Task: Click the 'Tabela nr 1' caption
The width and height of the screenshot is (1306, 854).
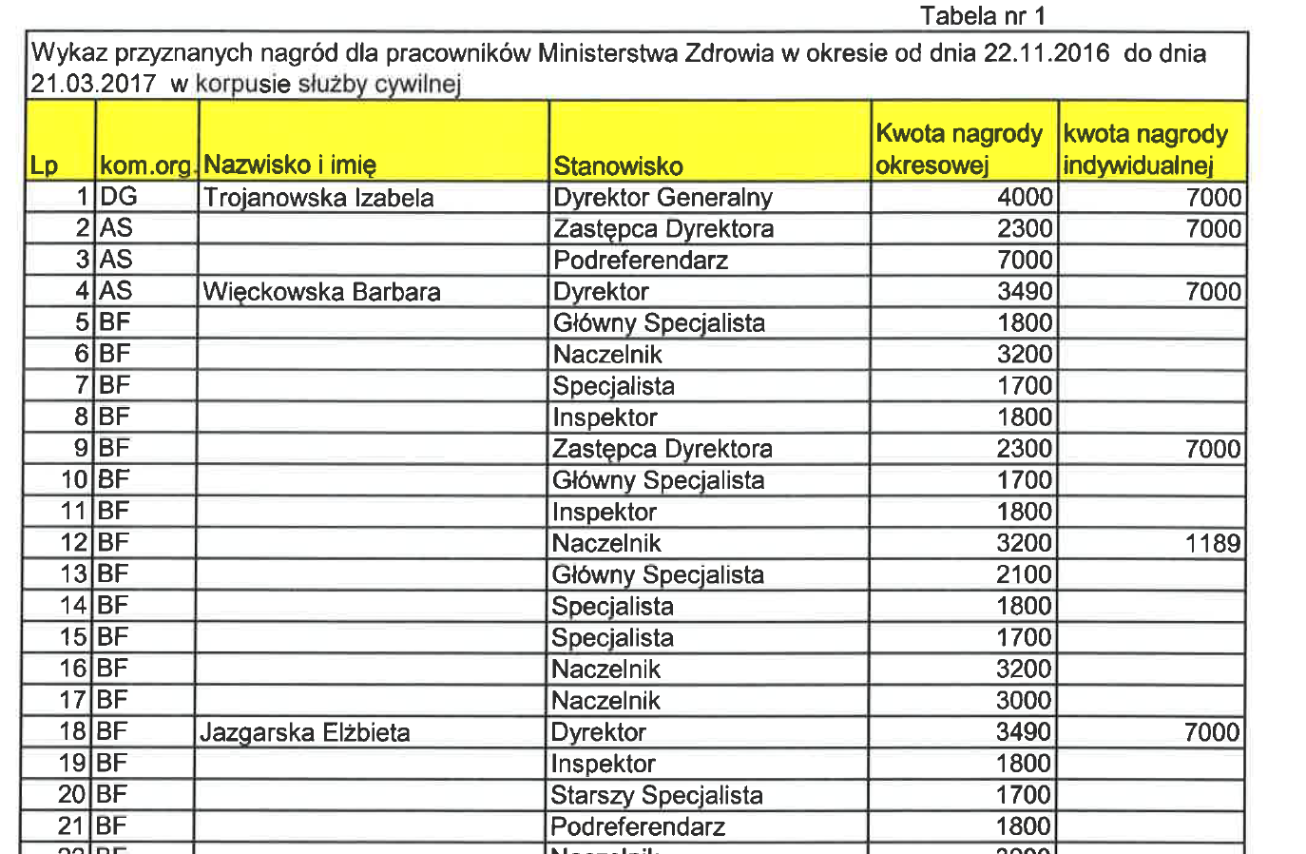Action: pos(982,16)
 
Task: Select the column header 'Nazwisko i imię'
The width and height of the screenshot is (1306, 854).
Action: pos(290,165)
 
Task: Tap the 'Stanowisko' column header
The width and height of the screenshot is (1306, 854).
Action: pos(618,167)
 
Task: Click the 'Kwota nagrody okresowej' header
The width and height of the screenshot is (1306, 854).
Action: pos(959,149)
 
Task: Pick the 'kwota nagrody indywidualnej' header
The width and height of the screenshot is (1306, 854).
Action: pos(1145,149)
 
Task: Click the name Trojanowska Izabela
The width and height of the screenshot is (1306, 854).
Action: pos(318,198)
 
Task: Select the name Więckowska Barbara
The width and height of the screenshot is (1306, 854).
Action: pos(321,292)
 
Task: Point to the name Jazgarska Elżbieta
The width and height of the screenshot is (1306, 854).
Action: pos(305,733)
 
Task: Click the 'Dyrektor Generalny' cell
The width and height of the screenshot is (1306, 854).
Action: pos(663,198)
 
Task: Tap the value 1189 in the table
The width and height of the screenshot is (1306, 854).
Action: pos(1212,544)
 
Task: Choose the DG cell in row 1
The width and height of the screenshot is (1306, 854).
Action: pos(119,197)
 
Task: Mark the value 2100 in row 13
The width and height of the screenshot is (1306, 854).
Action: pos(1024,575)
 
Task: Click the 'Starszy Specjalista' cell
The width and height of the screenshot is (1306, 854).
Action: pos(656,795)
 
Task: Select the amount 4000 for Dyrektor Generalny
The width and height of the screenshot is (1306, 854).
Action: pos(1025,198)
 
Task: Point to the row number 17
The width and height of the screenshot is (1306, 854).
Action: pos(73,701)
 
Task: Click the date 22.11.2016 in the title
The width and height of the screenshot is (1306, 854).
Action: pos(1046,53)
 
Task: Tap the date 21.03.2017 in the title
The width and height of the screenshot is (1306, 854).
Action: pos(93,84)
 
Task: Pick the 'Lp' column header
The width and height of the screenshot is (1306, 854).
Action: pos(44,166)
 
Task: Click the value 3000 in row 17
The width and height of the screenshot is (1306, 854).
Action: pos(1023,701)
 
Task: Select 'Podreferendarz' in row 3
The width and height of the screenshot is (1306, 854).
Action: pos(641,261)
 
